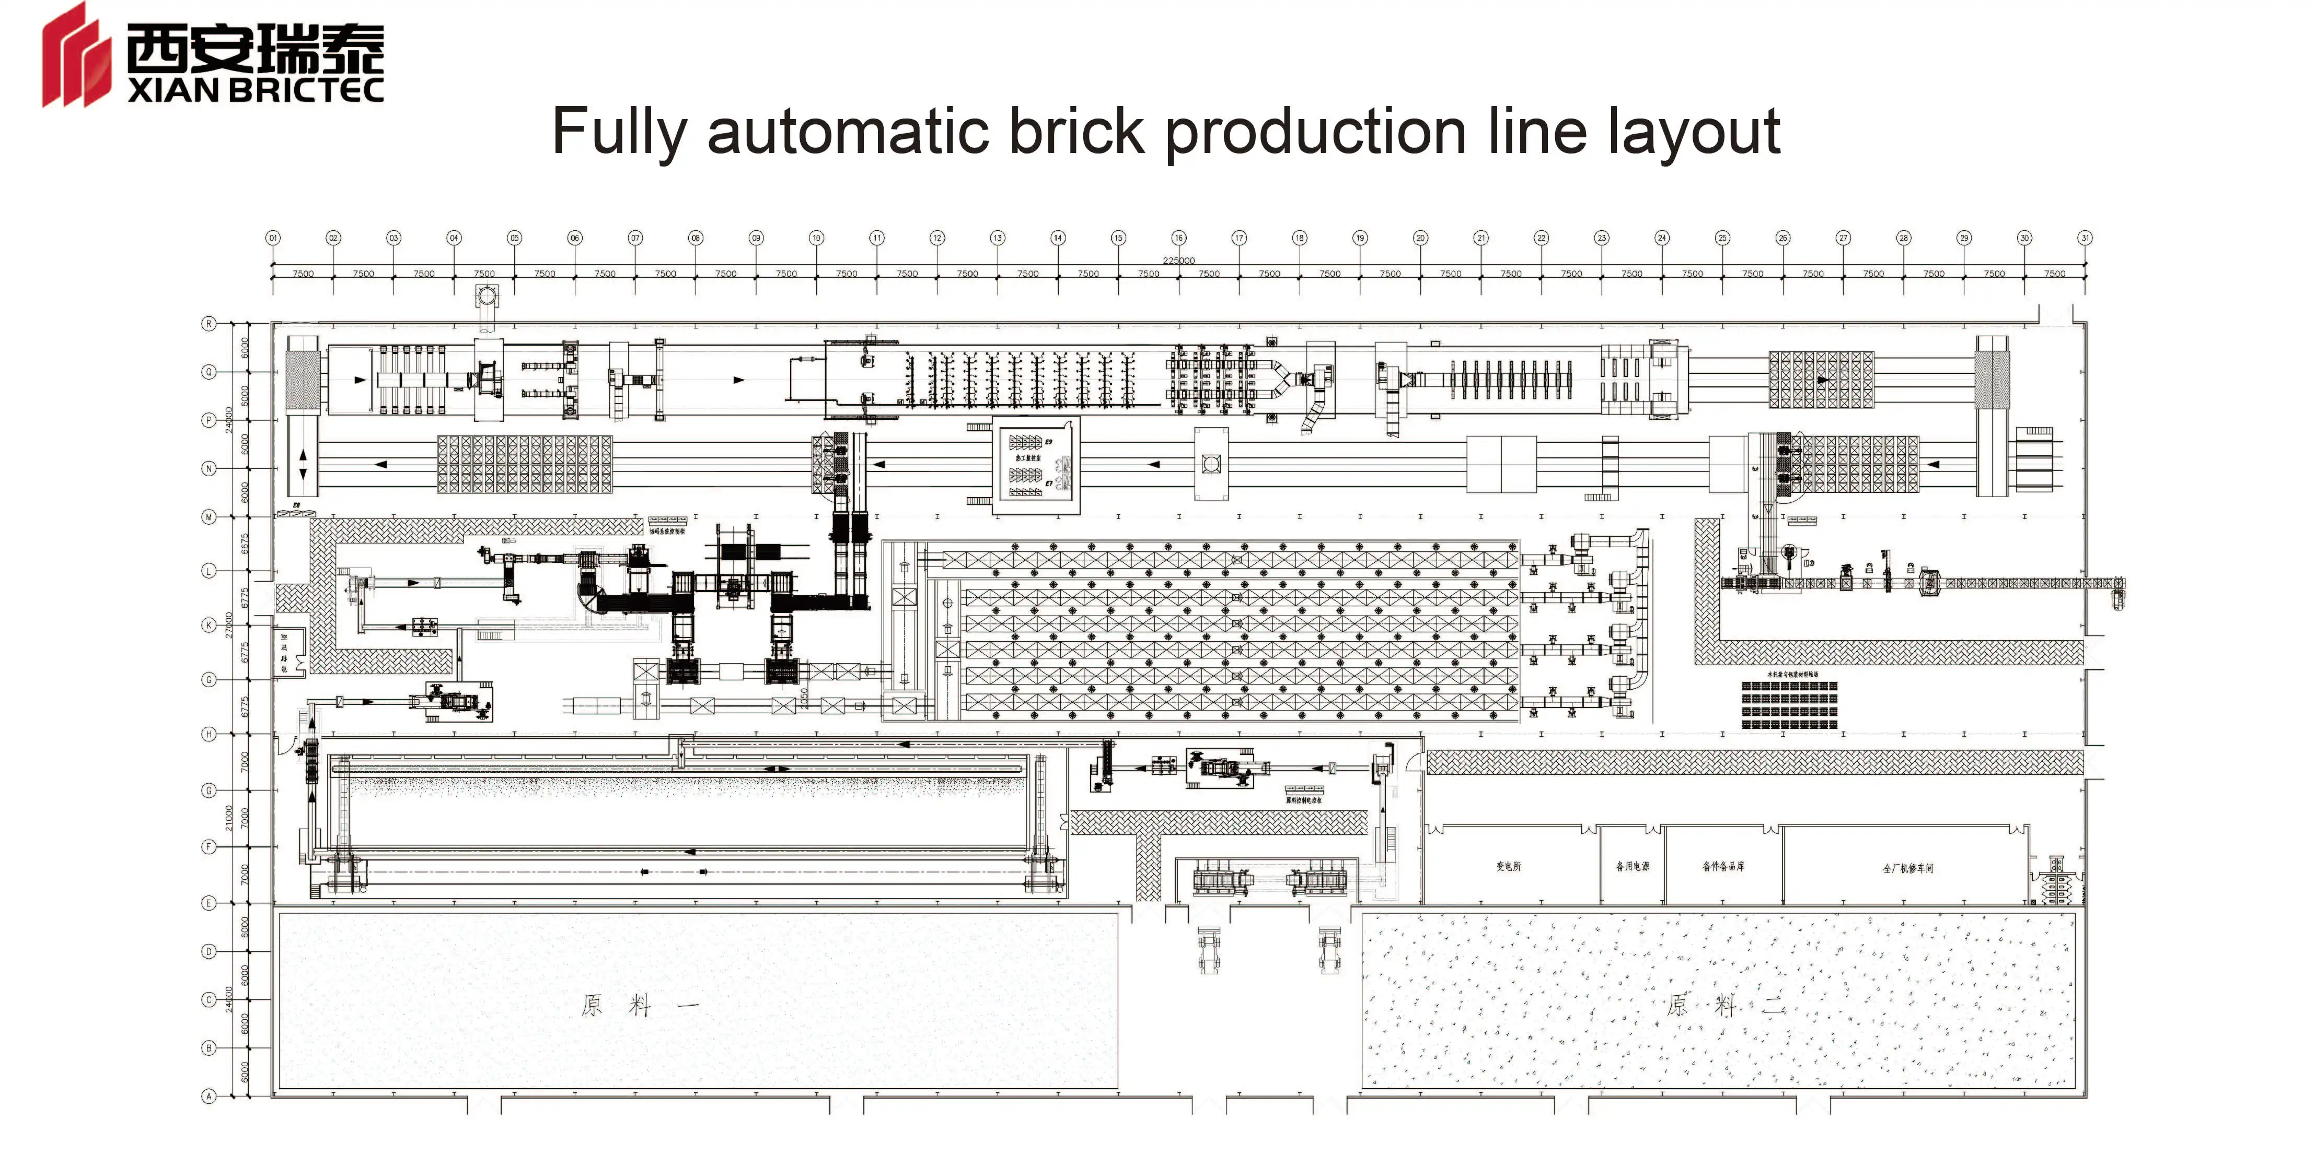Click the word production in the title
(x=1316, y=132)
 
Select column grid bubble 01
(x=273, y=238)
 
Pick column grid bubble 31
(x=2085, y=238)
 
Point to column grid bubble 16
(x=1178, y=238)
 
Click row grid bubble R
(x=209, y=323)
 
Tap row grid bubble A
(x=209, y=1096)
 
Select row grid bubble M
(x=209, y=516)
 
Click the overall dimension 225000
(x=1178, y=261)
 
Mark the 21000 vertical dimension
(x=229, y=818)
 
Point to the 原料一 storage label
(x=639, y=1005)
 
